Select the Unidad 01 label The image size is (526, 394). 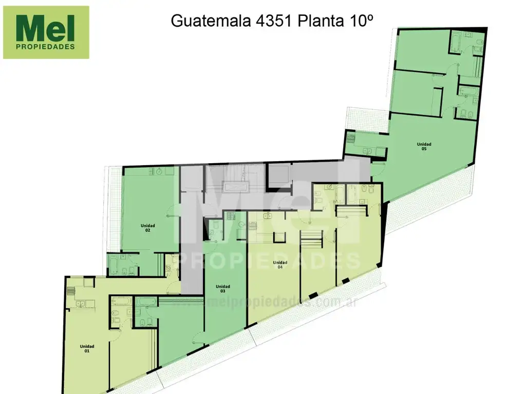(87, 348)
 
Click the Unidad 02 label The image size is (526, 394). (147, 228)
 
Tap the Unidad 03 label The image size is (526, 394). (223, 288)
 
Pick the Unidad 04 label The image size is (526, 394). (280, 264)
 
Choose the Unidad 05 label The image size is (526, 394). (424, 146)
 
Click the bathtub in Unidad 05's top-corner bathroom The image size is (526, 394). (457, 40)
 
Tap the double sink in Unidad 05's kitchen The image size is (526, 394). (367, 151)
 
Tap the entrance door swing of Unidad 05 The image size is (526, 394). (378, 168)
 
